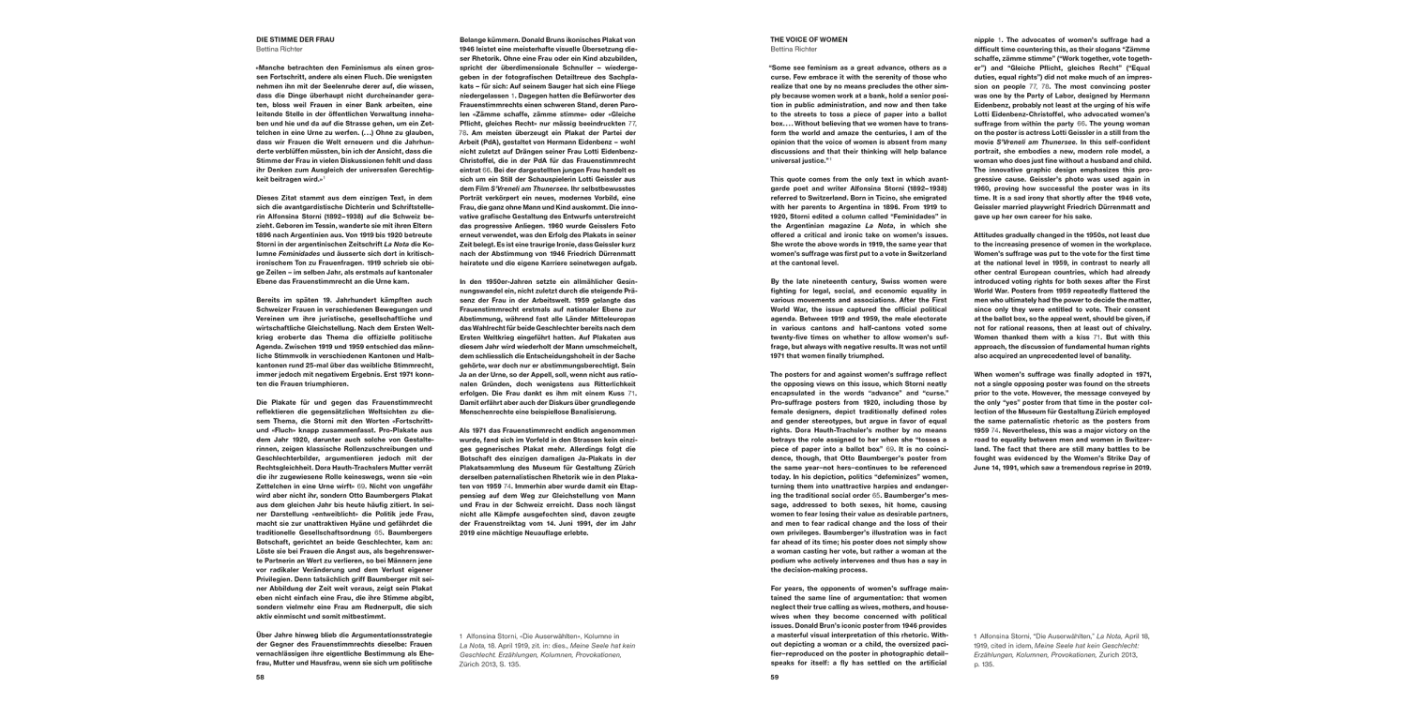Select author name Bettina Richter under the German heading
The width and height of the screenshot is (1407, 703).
pos(281,50)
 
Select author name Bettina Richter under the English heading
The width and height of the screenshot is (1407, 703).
pos(794,50)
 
